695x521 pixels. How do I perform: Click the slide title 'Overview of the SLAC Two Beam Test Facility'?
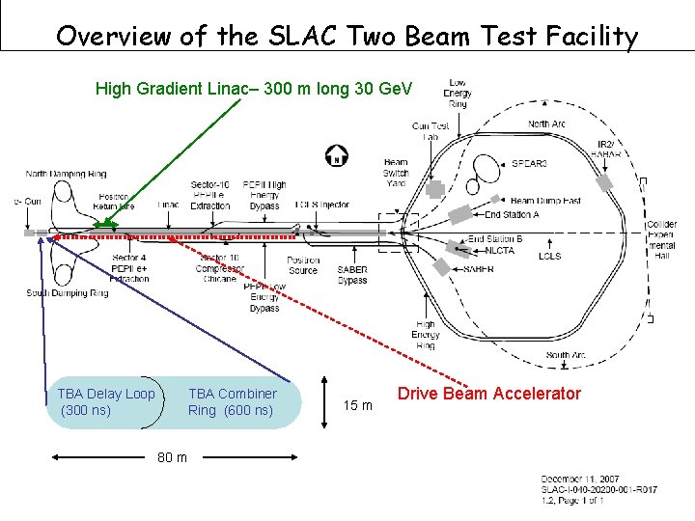(347, 37)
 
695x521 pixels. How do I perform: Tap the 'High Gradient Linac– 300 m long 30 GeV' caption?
(253, 89)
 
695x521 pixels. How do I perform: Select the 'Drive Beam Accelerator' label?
(489, 394)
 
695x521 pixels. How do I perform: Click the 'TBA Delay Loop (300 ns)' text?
(105, 402)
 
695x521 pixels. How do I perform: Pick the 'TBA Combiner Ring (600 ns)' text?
(232, 402)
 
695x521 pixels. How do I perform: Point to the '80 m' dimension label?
(173, 456)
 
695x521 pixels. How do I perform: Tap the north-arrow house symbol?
(337, 154)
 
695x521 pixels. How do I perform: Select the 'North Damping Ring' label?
(67, 174)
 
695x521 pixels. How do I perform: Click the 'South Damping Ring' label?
(68, 293)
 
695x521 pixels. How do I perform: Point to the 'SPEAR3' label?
(528, 164)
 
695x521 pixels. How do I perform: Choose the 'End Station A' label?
(512, 215)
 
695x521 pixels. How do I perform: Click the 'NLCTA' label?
(501, 249)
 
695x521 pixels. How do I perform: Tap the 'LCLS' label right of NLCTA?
(549, 257)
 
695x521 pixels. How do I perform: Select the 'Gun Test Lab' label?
(431, 131)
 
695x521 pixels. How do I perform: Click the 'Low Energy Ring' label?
(458, 93)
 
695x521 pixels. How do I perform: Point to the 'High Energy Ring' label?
(426, 335)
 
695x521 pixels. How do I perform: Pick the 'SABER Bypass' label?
(352, 275)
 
